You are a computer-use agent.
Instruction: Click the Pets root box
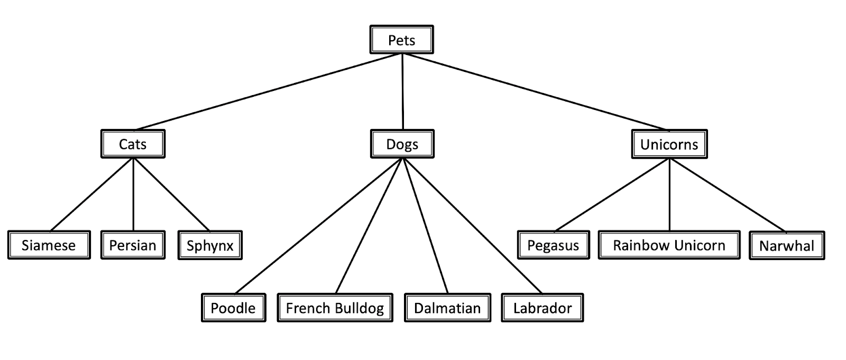coord(401,40)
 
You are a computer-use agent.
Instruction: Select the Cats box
coord(133,144)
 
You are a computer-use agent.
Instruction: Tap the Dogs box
coord(402,144)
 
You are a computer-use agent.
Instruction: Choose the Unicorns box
coord(669,144)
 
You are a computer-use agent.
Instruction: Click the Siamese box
coord(49,245)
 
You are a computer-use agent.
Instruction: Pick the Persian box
coord(133,245)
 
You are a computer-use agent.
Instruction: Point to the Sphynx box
coord(210,245)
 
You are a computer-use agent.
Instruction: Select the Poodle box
coord(233,308)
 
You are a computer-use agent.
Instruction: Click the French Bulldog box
coord(335,308)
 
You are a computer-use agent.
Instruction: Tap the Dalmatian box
coord(447,308)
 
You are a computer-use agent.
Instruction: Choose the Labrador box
coord(542,308)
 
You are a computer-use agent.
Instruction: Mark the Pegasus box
coord(553,245)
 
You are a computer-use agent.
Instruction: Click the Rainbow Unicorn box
coord(669,245)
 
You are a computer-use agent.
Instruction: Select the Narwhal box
coord(787,245)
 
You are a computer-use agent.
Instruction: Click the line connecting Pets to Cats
coord(268,91)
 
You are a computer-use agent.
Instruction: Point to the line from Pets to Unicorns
coord(535,91)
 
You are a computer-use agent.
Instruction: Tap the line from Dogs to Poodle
coord(319,226)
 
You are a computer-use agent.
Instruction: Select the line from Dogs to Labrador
coord(472,226)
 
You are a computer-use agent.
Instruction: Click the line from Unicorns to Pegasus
coord(611,195)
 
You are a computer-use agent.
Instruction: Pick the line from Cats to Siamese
coord(91,195)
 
